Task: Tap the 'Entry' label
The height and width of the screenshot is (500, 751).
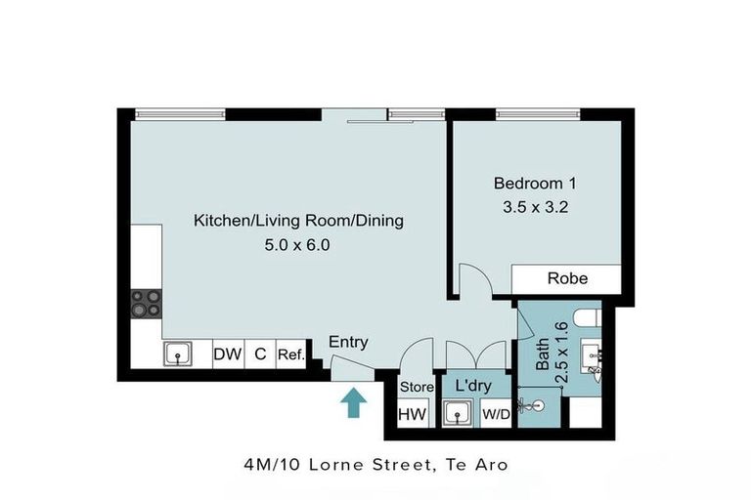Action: tap(348, 342)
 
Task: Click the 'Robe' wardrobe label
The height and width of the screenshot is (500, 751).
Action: tap(567, 278)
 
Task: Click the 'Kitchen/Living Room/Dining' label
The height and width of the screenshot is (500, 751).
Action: tap(298, 221)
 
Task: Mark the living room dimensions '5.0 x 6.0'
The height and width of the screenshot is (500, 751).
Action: tap(298, 245)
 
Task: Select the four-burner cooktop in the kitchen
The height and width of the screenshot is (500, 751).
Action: tap(147, 304)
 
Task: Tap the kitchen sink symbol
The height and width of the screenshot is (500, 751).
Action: tap(178, 354)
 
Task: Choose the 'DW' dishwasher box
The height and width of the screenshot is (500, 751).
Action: tap(227, 354)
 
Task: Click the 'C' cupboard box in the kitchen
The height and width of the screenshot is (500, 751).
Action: tap(260, 354)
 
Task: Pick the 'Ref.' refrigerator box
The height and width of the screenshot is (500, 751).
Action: tap(289, 354)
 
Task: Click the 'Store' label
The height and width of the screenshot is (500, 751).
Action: tap(416, 388)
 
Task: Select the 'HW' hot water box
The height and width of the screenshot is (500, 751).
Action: tap(412, 414)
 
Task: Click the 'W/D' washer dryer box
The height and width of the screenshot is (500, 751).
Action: tap(495, 414)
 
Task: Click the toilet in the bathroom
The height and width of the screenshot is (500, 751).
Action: tap(584, 316)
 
